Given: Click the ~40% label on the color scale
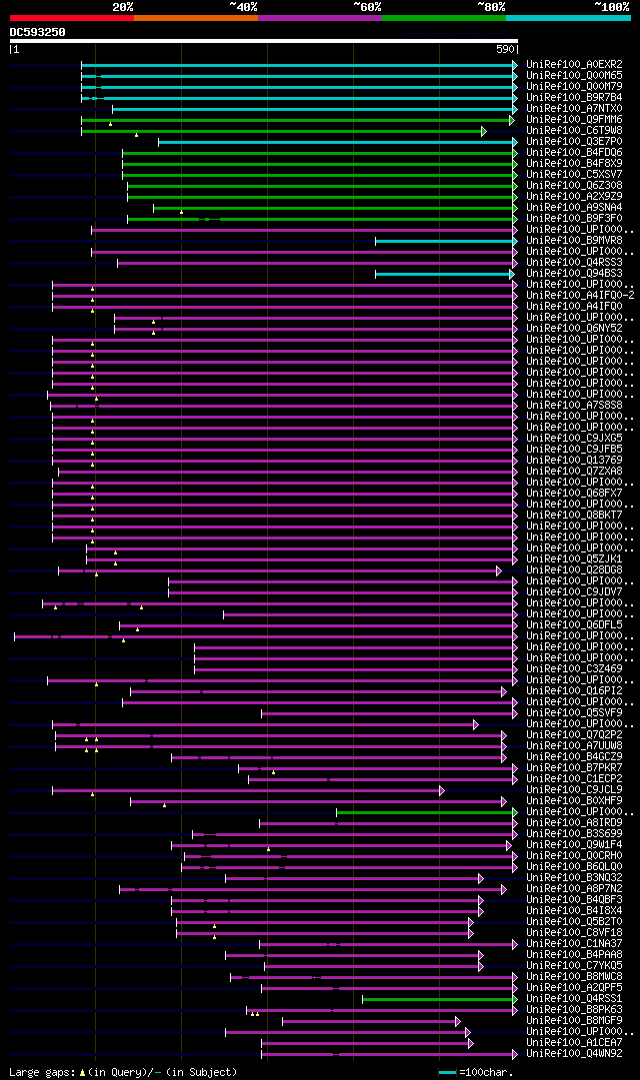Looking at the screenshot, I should [243, 6].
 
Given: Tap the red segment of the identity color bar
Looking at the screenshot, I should [71, 18].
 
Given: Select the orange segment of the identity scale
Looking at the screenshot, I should [195, 18].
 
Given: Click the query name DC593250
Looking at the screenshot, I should [38, 32].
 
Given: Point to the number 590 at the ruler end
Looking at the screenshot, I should [504, 49].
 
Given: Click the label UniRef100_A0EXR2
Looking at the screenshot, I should [574, 65].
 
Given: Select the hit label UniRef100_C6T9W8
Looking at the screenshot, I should [574, 131].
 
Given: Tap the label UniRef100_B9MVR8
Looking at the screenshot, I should [574, 241].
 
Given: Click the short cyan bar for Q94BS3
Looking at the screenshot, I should [443, 274].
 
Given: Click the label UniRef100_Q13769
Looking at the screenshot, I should [574, 461].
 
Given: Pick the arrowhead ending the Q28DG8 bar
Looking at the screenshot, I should [498, 570].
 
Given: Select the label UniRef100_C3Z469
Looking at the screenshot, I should [574, 669].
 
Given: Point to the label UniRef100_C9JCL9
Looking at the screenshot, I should [574, 790].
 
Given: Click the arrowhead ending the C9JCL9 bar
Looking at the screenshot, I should [441, 790].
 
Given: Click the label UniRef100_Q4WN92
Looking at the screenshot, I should [574, 1053].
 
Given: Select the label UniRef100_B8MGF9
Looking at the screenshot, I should [574, 1020].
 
